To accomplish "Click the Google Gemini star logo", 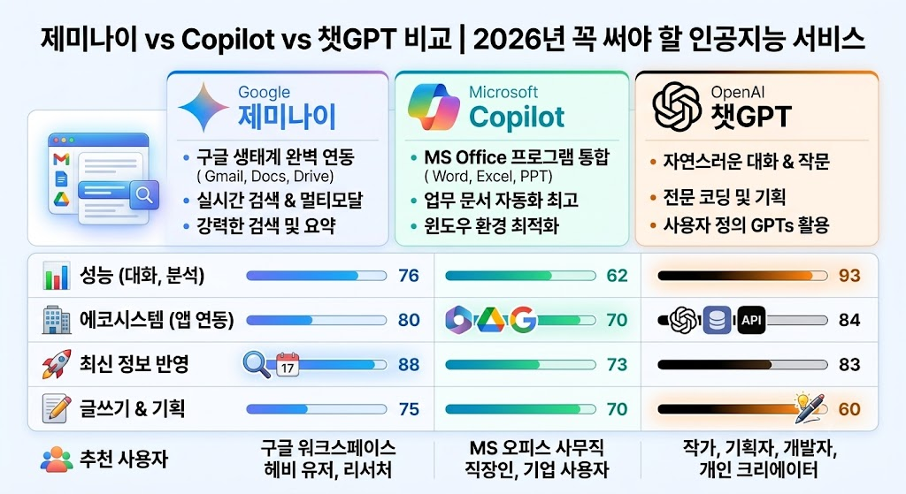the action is (204, 107).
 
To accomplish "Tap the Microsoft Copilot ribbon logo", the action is (434, 107).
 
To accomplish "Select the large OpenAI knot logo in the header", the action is (677, 107).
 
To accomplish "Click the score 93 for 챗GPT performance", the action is (849, 276).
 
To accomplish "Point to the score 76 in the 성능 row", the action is (409, 276).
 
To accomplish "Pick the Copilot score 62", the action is (617, 276).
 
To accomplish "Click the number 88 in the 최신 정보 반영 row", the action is (409, 365).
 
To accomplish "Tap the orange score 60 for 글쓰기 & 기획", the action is (849, 409).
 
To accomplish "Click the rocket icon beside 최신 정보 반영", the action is (57, 364).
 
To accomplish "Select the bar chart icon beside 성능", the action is (56, 276).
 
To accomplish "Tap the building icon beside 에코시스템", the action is (57, 320).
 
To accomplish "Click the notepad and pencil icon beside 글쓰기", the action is (57, 408).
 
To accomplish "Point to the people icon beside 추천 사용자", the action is (56, 460).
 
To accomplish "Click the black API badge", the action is (752, 320).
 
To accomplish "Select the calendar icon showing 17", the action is (288, 365).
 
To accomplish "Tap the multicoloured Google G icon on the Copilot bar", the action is (523, 320).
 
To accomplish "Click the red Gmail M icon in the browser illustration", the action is (61, 159).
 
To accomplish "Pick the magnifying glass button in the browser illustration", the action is (144, 195).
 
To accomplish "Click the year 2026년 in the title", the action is (517, 39).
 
